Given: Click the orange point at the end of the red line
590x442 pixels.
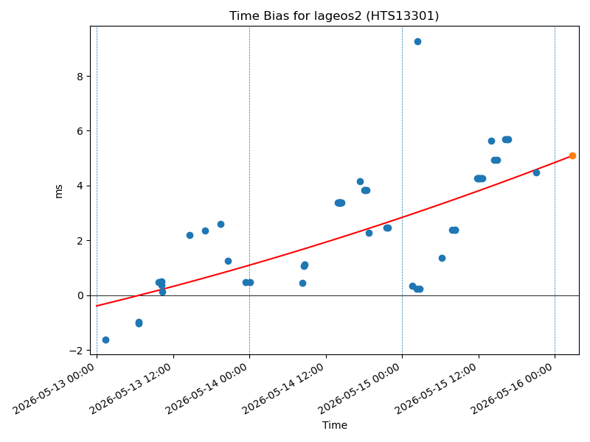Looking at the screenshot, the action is coord(572,155).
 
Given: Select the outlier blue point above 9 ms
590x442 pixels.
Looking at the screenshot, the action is coord(417,42).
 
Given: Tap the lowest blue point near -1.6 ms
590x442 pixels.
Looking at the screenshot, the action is coord(105,340).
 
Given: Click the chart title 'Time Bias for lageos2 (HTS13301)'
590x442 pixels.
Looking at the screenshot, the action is coord(334,15).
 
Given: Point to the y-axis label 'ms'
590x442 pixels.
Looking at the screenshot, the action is coord(59,192).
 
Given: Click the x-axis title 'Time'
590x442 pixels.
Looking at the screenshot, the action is coord(335,425).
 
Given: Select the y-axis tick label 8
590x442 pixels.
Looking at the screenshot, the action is coord(80,77).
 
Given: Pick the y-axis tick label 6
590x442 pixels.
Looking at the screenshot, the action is coord(80,131).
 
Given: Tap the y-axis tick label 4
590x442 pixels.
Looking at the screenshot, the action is coord(80,186).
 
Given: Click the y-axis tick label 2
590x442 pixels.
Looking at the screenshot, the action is coord(80,241).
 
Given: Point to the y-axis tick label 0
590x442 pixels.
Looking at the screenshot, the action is coord(80,296).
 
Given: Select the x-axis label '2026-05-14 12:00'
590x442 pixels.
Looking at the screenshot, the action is coord(282,389).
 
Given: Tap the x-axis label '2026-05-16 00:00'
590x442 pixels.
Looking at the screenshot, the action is coord(511,389).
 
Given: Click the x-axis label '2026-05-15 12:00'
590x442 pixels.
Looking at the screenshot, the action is coord(435,389).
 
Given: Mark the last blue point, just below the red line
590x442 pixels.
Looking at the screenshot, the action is coord(537,172).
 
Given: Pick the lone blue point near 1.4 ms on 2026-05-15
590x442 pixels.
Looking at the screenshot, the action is coord(442,259).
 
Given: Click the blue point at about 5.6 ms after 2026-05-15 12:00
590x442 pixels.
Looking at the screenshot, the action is coord(491,141).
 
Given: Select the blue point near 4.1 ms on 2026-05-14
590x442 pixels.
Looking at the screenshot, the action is coord(360,181).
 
